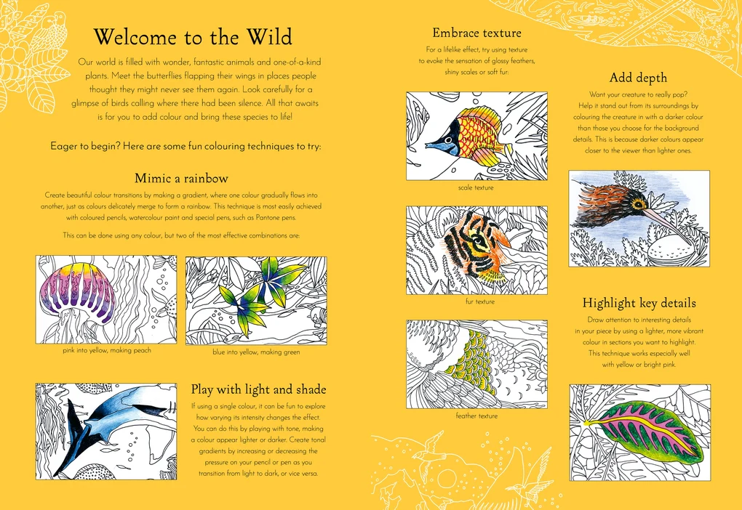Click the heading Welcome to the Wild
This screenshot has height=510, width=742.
coord(193,37)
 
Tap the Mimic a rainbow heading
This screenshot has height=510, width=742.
coord(181,178)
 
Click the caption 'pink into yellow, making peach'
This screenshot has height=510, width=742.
coord(107,351)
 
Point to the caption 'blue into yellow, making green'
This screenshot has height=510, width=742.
coord(256,352)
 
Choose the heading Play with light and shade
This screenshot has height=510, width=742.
coord(258,389)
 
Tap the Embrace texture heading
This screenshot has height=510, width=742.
coord(476,33)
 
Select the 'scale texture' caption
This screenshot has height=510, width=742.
coord(476,187)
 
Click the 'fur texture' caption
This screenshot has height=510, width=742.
coord(480,301)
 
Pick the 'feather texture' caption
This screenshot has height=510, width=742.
coord(476,416)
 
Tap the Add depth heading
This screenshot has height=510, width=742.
coord(638,78)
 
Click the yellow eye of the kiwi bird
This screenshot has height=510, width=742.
coord(639,204)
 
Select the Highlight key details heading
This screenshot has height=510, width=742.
coord(639,303)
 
